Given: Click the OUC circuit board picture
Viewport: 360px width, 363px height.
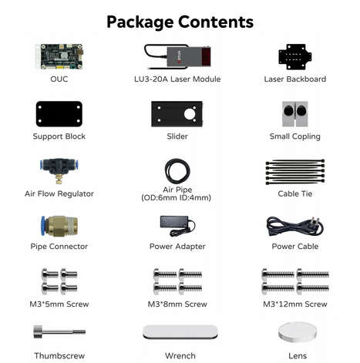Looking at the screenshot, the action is pos(59,56).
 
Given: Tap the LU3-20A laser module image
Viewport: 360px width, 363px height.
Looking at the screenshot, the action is pos(177,57).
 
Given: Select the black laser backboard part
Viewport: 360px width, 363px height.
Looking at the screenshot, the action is pos(295,56).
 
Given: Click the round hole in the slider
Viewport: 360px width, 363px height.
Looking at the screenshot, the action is pos(190,114).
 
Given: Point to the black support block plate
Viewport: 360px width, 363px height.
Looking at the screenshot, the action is pos(59,114).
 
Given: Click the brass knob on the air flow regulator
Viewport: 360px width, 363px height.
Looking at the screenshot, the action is pos(59,179).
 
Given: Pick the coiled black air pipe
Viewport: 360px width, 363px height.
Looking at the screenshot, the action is pos(177,171).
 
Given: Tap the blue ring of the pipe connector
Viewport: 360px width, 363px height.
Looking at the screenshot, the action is pos(43,226).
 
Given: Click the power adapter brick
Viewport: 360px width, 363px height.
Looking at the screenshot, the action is pos(173,222).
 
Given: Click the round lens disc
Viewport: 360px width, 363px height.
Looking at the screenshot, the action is pos(298,332).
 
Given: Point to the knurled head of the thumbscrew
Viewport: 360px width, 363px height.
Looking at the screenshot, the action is pos(38,332).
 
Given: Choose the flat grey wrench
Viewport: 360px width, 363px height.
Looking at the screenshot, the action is pos(180,332).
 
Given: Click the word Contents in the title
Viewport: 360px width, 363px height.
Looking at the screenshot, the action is pos(216,22).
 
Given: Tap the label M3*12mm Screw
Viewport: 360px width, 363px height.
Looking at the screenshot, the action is pos(295,304).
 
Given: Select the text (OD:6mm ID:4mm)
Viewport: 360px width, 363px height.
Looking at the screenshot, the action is pos(177,197).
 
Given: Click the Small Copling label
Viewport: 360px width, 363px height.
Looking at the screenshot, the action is pos(295,136).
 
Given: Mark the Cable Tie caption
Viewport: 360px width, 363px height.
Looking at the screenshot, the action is pos(295,193).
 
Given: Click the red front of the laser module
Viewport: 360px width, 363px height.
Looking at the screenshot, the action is pos(206,56).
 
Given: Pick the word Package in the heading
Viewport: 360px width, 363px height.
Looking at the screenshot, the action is pos(140,22).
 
